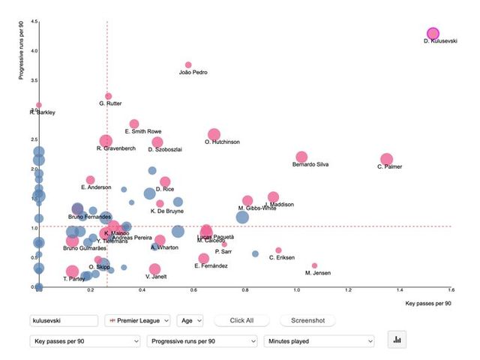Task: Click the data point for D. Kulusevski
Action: click(433, 34)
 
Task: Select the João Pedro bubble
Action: click(188, 65)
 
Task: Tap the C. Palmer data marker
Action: click(387, 159)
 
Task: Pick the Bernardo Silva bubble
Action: click(301, 157)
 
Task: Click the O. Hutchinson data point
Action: click(214, 134)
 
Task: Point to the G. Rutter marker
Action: click(109, 96)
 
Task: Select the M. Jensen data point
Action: click(314, 265)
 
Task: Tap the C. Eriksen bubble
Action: click(278, 250)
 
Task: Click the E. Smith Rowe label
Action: click(142, 131)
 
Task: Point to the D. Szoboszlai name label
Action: click(166, 149)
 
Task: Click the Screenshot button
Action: click(307, 320)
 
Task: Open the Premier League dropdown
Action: click(138, 321)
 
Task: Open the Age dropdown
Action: click(190, 321)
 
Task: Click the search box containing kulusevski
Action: click(64, 321)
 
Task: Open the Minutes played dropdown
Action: click(319, 341)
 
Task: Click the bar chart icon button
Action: click(397, 340)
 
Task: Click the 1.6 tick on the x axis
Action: click(451, 289)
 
